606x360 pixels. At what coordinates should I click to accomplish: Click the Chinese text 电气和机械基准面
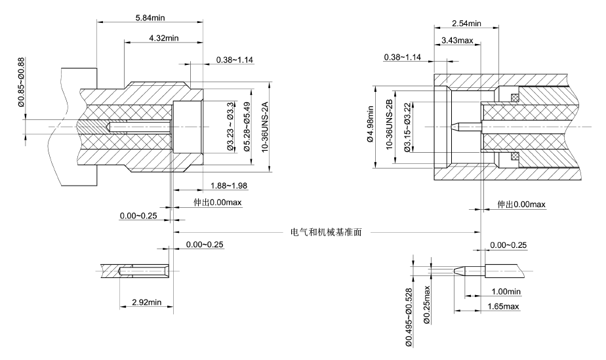(327, 231)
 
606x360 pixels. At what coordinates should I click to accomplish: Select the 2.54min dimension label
(466, 24)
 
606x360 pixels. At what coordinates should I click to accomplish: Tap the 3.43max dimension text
(458, 41)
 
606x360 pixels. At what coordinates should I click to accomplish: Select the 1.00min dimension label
(506, 291)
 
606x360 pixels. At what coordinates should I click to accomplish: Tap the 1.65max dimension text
(502, 306)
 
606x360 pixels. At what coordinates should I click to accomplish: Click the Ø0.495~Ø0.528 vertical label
(409, 314)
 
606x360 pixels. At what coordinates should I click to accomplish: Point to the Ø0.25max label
(426, 304)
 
